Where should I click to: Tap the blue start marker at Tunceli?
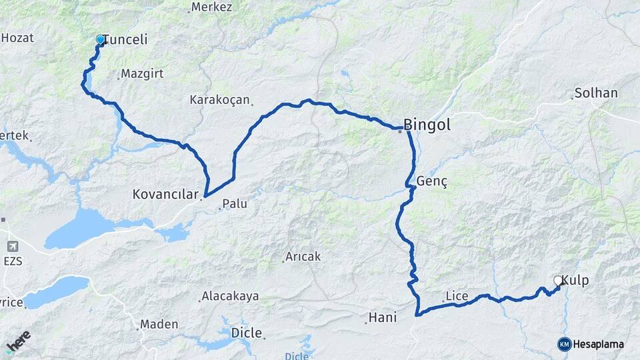(101, 40)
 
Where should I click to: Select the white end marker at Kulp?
(558, 281)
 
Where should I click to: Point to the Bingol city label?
(427, 125)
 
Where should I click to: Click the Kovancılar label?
(166, 195)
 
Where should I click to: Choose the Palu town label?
(234, 203)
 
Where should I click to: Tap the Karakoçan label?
(219, 100)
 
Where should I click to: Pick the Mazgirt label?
(142, 74)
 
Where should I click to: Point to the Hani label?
(383, 318)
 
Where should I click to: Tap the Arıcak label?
(303, 256)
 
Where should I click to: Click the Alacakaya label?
(230, 296)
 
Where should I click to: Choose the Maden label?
(159, 324)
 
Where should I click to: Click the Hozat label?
(17, 38)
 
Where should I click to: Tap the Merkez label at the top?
(211, 7)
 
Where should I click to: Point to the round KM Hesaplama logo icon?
(564, 344)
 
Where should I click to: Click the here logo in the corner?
(19, 341)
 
